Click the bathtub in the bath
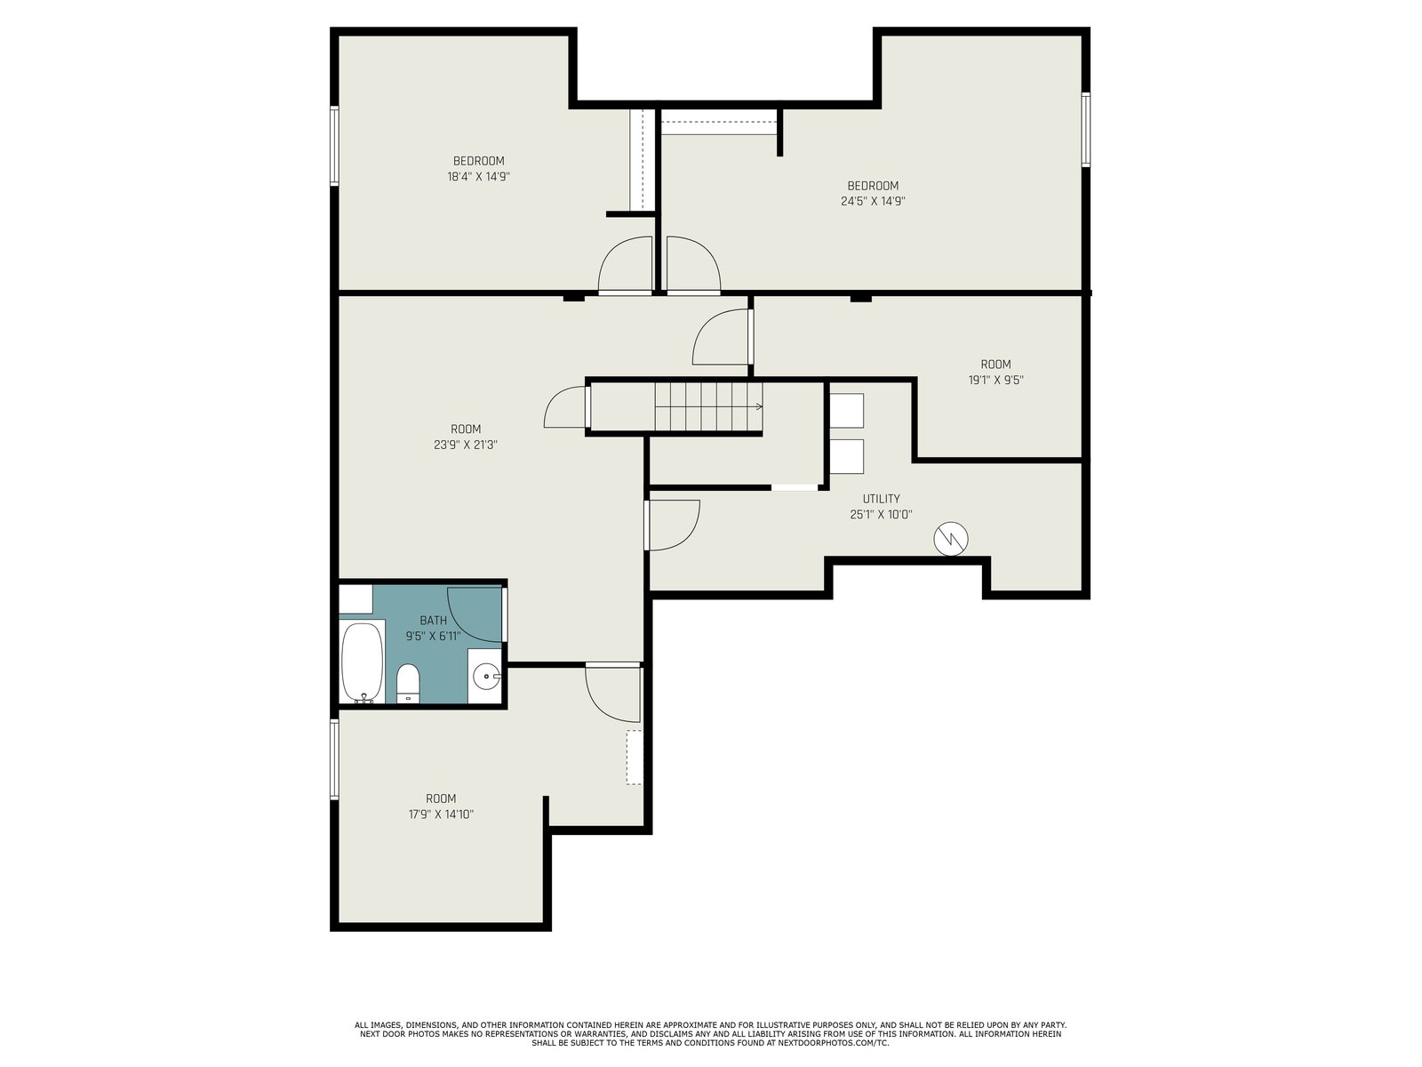[362, 662]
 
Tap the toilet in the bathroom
[408, 684]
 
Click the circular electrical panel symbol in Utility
[950, 538]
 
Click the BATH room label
[433, 621]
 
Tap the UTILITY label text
[881, 499]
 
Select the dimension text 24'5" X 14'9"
[873, 201]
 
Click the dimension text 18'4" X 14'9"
[479, 176]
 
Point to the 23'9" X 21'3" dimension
[466, 445]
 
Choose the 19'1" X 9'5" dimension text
[995, 381]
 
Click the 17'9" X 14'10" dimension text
[441, 814]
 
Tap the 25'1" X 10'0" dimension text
[881, 515]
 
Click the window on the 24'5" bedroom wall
[1086, 130]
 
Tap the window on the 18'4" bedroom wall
[334, 146]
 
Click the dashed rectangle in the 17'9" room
[634, 758]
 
